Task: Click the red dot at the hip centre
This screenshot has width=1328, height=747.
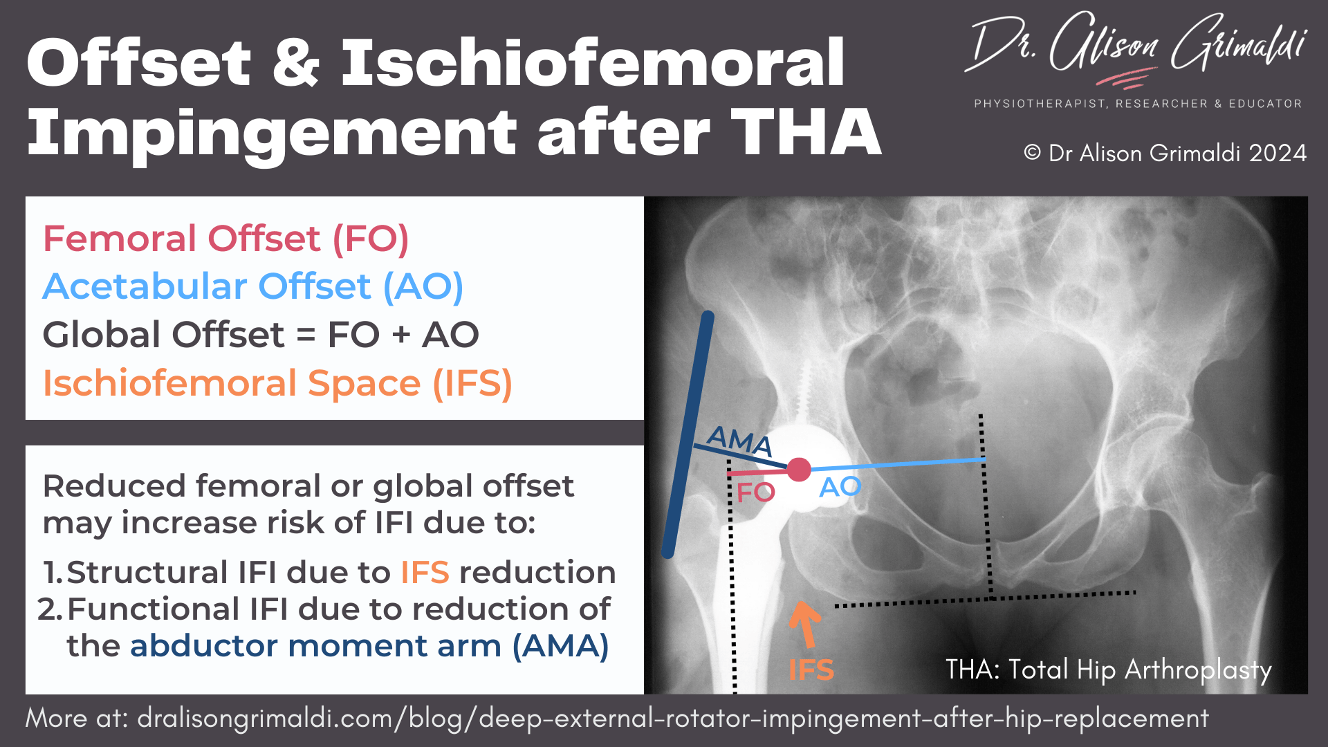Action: pos(799,470)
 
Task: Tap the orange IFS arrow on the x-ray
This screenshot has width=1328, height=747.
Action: pos(804,622)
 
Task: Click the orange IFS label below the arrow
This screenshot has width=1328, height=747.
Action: pos(811,670)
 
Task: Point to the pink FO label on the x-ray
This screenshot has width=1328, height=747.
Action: pos(755,492)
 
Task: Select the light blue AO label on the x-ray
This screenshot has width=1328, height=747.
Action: pos(840,487)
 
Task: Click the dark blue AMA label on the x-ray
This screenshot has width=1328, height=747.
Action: pos(739,440)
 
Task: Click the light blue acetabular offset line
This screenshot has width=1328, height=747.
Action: pos(899,464)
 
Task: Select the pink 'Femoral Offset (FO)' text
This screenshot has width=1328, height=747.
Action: pos(225,239)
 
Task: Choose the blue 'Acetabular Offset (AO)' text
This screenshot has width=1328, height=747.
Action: pos(252,286)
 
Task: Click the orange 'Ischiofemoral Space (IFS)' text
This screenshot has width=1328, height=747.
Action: pos(277,383)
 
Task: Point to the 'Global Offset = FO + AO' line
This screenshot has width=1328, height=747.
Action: pos(261,335)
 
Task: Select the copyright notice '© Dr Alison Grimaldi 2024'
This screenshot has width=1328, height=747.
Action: pos(1165,153)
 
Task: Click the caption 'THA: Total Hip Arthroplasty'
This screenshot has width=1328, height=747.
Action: pos(1108,670)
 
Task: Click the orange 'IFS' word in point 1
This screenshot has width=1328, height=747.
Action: pos(425,573)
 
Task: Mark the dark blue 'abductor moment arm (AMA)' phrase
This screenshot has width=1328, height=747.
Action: pos(369,646)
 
